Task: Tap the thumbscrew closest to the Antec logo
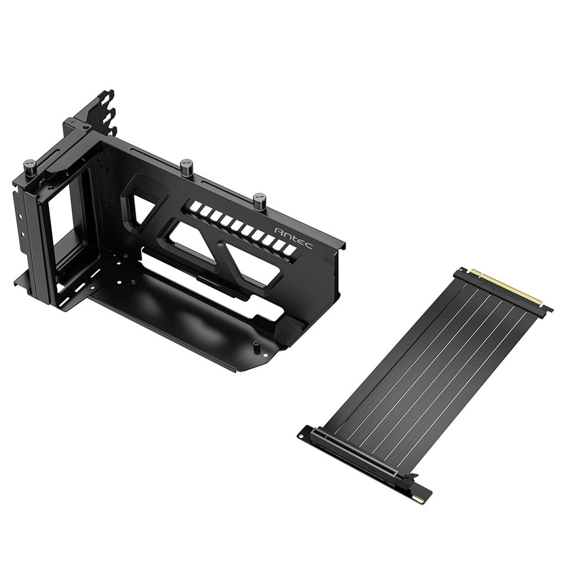[260, 201]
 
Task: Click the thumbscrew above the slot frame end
[29, 167]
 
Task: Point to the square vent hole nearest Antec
[289, 250]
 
